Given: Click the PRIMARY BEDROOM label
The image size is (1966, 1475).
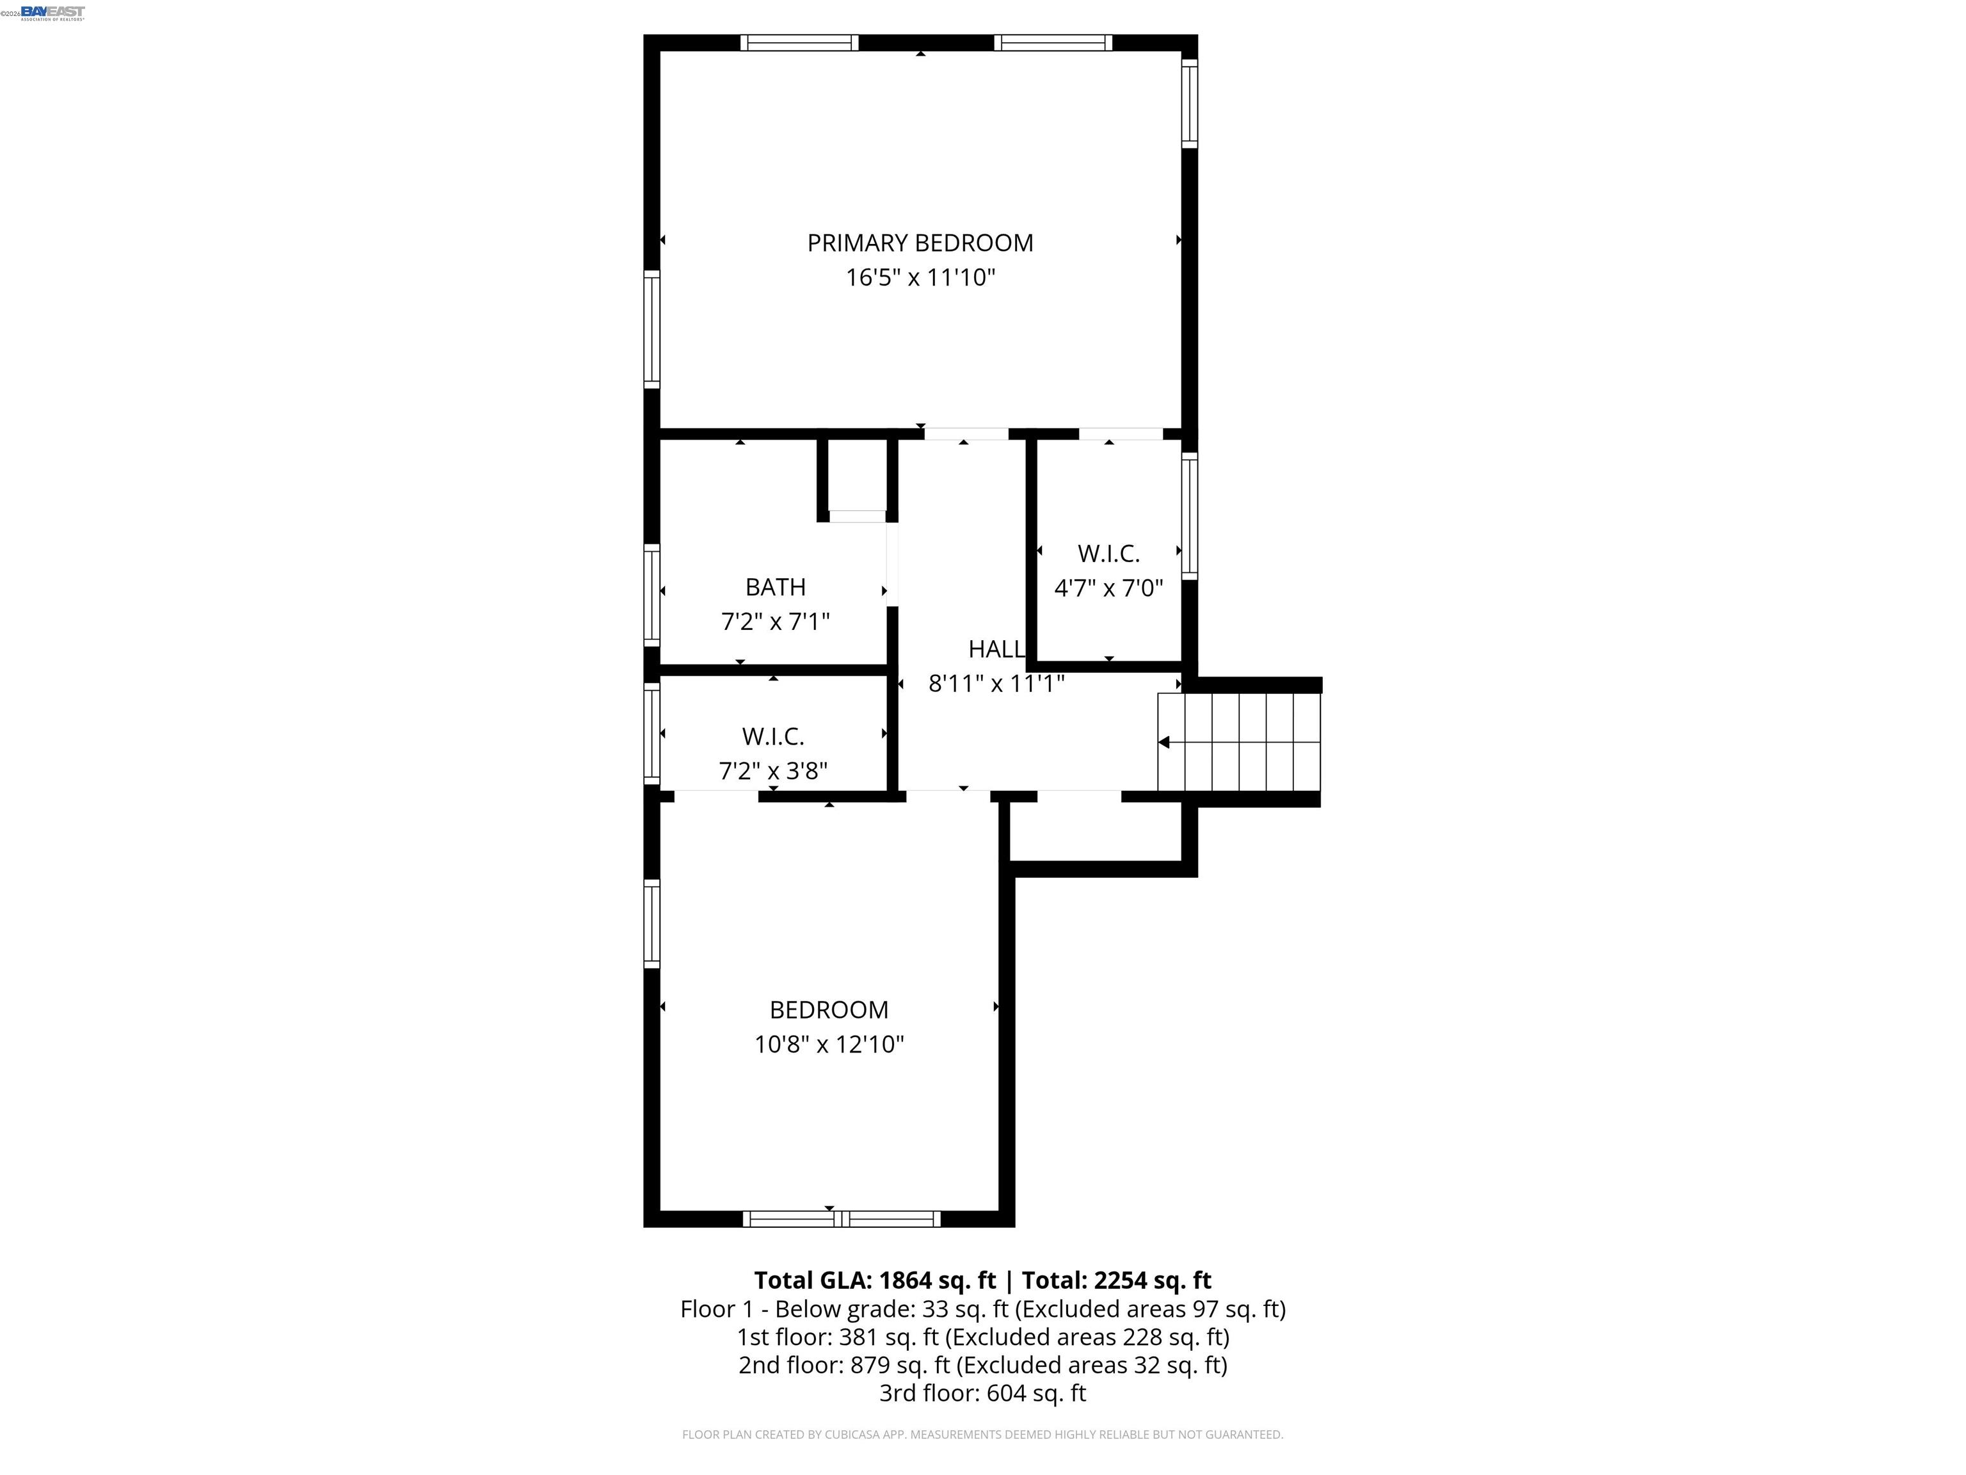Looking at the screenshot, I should pos(920,243).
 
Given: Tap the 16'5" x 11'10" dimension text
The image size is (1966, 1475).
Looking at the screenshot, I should pos(920,277).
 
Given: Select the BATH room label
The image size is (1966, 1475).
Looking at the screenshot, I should pos(775,587).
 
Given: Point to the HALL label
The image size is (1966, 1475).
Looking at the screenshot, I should pos(995,649).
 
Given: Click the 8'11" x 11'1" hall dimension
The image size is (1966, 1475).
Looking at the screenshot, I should pos(995,684).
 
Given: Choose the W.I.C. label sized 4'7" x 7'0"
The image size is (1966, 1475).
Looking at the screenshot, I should pos(1108,554).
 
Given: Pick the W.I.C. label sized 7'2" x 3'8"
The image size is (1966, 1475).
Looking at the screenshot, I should pos(772,736).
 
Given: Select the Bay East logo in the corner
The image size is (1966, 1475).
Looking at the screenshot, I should pos(52,12).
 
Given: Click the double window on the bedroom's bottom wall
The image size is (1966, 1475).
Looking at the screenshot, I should pos(841,1219).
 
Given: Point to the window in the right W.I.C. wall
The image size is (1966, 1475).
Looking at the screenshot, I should pos(1189,515).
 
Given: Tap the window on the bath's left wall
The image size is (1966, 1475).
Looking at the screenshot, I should pos(651,595).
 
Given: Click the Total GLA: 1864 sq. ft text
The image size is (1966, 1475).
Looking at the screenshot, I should pos(875,1280).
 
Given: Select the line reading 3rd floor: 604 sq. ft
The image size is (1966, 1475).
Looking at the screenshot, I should pos(982,1392).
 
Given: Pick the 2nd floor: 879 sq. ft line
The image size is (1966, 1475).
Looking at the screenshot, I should pos(982,1365).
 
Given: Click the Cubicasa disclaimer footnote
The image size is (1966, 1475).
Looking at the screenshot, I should pos(982,1434).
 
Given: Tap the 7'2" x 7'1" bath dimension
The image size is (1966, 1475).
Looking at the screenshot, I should pos(775,622).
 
